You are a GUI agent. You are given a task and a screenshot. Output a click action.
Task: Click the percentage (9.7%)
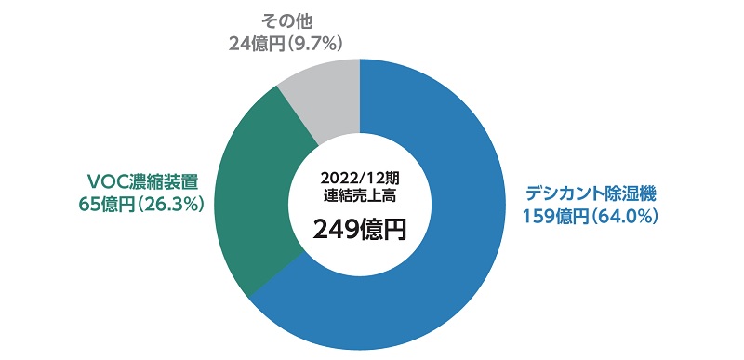tap(318, 42)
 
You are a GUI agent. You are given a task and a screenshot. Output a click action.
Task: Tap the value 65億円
tap(109, 205)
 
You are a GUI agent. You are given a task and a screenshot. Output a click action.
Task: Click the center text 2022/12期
tap(358, 179)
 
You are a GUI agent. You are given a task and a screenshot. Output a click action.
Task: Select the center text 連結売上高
tap(359, 196)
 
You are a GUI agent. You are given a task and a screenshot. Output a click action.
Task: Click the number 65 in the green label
tap(90, 205)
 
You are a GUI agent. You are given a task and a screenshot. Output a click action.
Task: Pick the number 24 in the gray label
tap(239, 42)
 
